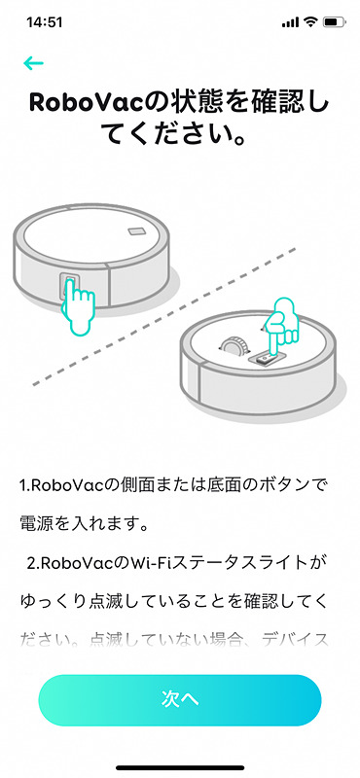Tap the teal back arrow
(34, 64)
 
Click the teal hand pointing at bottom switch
(280, 326)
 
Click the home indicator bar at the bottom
(180, 766)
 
